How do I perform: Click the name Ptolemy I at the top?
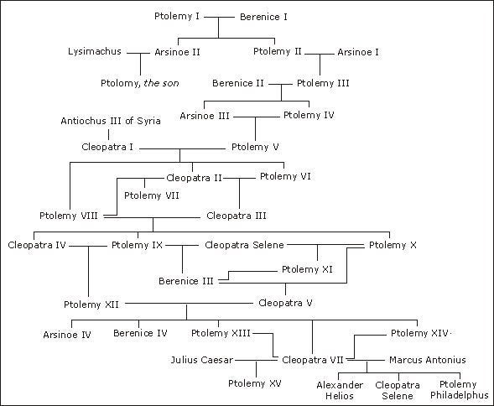177,16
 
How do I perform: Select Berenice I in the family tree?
263,17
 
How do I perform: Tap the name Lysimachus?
95,51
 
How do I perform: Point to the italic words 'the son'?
161,83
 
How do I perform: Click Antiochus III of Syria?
111,121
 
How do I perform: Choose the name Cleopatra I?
107,147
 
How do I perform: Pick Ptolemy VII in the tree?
152,195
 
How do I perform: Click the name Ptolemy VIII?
69,216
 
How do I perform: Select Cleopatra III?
237,216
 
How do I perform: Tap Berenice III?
186,281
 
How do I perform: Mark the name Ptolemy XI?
307,270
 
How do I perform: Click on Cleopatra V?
285,303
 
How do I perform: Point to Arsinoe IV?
67,335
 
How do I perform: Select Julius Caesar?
202,360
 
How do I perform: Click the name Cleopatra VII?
313,360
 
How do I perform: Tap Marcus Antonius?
428,360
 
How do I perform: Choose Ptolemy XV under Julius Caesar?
255,383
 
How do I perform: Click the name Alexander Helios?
340,390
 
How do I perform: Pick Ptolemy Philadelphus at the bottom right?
459,390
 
